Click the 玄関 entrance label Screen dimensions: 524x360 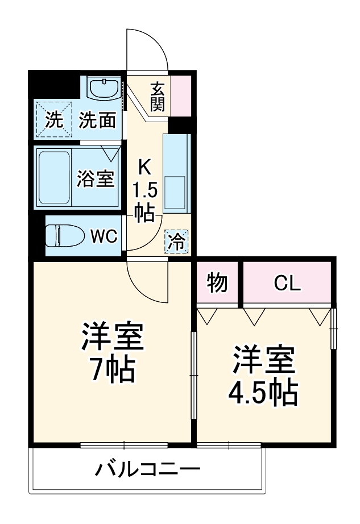(x=158, y=96)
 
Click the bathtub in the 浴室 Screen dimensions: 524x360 (x=53, y=177)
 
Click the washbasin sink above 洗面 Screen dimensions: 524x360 (x=105, y=89)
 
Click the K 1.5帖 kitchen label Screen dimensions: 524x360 (x=144, y=190)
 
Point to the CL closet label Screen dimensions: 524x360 (x=286, y=282)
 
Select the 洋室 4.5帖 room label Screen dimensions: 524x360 (x=263, y=375)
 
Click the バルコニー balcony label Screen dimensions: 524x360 (x=147, y=470)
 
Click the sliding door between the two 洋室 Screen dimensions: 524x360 (x=193, y=375)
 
